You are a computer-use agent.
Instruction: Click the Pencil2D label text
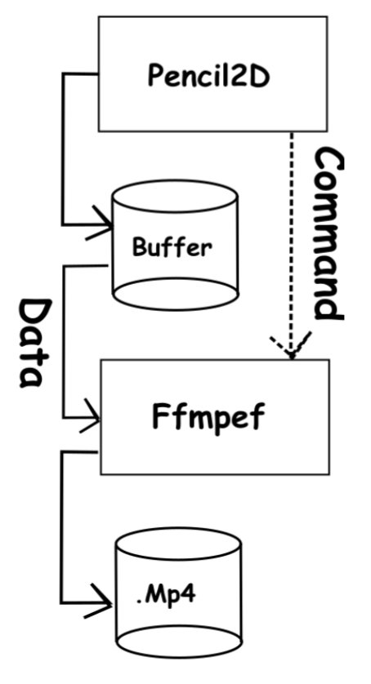pos(208,75)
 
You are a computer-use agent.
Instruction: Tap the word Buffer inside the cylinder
pos(172,247)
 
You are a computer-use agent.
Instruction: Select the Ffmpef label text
pos(208,417)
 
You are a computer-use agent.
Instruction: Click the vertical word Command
pos(329,233)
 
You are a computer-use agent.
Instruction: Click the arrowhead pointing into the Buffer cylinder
pos(100,223)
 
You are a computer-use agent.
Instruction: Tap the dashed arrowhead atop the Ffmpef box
pos(291,346)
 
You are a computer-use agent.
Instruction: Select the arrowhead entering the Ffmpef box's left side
pos(90,415)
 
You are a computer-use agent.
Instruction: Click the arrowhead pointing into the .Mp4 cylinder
pos(98,601)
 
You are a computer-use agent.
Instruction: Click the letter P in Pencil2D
pos(155,75)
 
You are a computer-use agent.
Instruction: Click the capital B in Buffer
pos(139,247)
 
